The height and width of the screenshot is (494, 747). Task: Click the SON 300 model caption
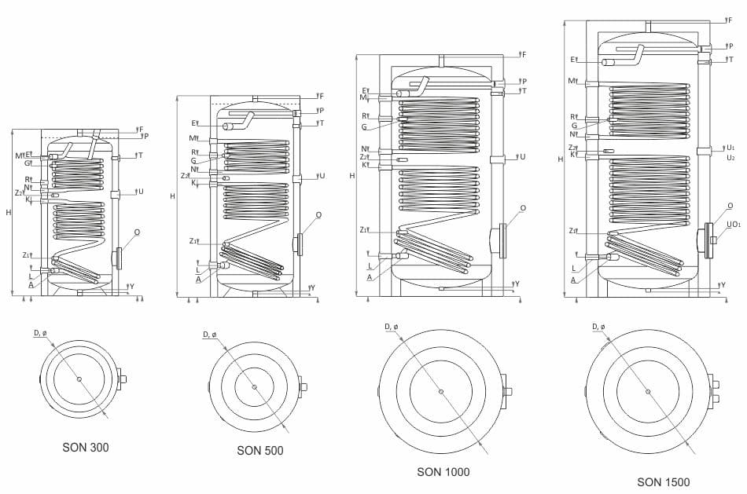point(86,448)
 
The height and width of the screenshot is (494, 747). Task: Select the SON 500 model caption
point(260,451)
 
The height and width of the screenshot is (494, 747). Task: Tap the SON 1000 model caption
point(443,472)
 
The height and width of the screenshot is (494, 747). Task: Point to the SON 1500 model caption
point(664,482)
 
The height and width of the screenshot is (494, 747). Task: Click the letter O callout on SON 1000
point(523,208)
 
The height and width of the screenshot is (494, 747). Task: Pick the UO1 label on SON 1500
point(733,225)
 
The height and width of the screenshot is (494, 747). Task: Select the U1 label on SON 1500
point(730,147)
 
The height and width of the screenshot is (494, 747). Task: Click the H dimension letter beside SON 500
point(172,196)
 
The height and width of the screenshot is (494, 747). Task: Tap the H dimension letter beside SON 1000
point(352,176)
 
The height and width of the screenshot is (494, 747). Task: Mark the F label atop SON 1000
point(524,54)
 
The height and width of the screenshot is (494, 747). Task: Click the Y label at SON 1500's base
point(723,284)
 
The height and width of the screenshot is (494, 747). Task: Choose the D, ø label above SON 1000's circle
point(391,327)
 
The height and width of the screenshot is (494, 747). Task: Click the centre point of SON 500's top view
point(254,386)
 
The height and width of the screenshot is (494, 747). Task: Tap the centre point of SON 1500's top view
point(648,391)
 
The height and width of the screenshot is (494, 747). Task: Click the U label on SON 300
point(141,191)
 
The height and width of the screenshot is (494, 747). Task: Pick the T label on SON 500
point(321,123)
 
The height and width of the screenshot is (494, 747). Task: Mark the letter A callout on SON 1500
point(573,280)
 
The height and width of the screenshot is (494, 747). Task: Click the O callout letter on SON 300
point(138,232)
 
